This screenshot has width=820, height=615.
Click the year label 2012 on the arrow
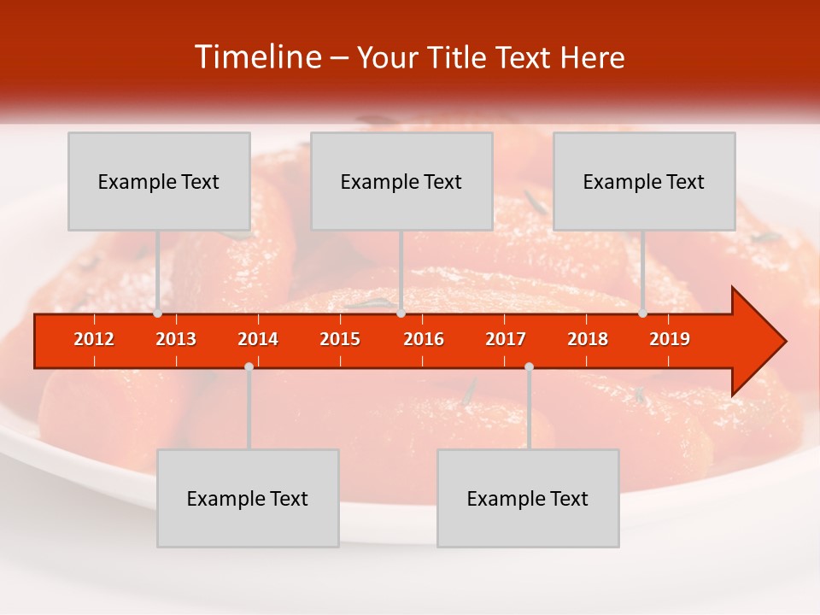[x=94, y=339]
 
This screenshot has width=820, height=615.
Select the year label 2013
[x=176, y=339]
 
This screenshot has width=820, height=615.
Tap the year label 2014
[x=258, y=339]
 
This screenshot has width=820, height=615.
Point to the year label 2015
[x=340, y=339]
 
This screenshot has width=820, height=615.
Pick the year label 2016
[x=424, y=339]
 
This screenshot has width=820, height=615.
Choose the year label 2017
[x=506, y=339]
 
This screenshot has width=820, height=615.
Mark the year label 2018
[x=588, y=339]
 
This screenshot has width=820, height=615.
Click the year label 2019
[x=670, y=339]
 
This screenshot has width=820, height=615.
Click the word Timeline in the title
[x=258, y=57]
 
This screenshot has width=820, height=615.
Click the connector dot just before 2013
[x=157, y=313]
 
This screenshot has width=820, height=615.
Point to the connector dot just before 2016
[x=401, y=313]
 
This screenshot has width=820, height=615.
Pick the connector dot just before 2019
[x=642, y=313]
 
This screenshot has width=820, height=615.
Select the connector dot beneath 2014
[x=249, y=366]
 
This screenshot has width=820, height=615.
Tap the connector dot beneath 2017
[x=529, y=366]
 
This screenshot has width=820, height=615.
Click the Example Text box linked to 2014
[x=248, y=498]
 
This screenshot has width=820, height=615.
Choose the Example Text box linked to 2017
[x=528, y=498]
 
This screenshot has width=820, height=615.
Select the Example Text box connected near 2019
[x=644, y=181]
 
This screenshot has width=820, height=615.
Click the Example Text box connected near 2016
[x=401, y=181]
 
